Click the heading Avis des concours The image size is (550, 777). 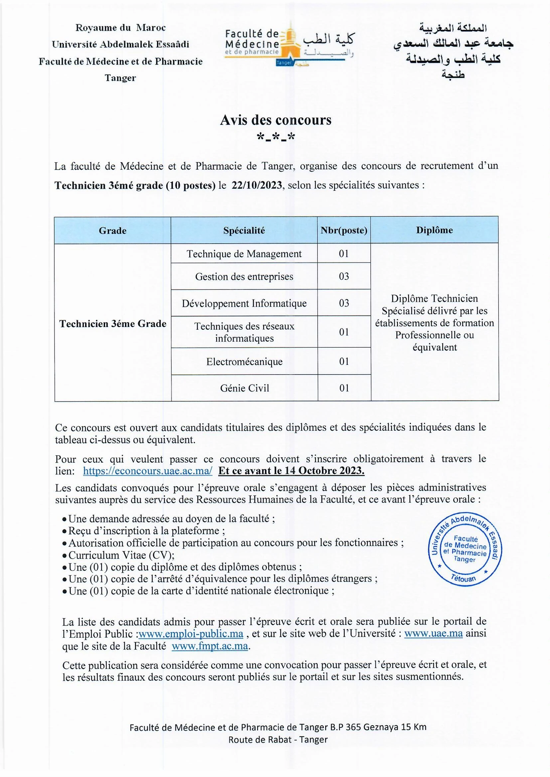click(275, 120)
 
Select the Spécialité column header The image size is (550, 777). click(244, 230)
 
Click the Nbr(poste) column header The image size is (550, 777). click(344, 230)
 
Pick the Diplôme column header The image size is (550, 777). click(434, 230)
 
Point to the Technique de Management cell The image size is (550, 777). click(244, 254)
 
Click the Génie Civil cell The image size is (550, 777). click(244, 388)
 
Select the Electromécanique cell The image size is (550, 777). click(244, 362)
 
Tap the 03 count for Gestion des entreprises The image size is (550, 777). click(344, 277)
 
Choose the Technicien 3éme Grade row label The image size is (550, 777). click(113, 323)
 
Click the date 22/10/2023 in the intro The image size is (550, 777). click(257, 185)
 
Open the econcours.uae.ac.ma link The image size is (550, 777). click(148, 471)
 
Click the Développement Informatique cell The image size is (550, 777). click(244, 303)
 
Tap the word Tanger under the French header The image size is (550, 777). click(120, 78)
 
